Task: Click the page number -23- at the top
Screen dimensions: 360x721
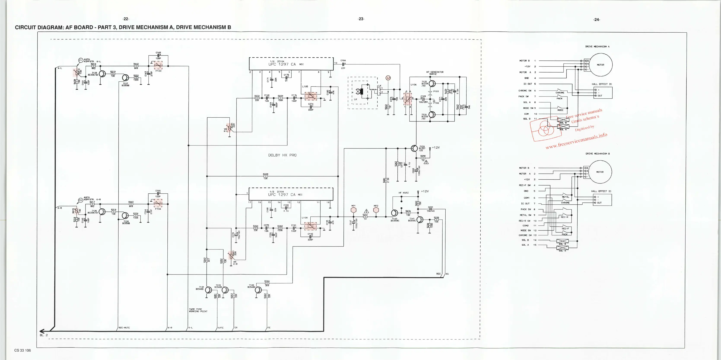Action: tap(361, 19)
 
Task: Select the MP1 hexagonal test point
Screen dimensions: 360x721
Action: tap(354, 210)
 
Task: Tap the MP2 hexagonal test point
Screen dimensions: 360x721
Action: tap(376, 210)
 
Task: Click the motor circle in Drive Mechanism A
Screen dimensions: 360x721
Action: tap(600, 65)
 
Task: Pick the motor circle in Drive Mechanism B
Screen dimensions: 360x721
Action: tap(600, 172)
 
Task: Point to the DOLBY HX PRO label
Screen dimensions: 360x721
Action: tap(282, 155)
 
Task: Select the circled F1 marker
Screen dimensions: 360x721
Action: tap(80, 60)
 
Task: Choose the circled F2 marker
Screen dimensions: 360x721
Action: tap(80, 200)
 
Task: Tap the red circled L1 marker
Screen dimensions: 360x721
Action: tap(388, 78)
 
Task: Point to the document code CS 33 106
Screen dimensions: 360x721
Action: tap(23, 350)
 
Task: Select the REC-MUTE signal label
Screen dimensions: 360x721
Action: tap(124, 328)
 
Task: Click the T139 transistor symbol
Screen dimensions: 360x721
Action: tap(414, 148)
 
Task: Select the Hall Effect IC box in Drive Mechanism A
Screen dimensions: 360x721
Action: tap(603, 93)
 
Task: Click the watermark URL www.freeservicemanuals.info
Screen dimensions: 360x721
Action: tap(576, 141)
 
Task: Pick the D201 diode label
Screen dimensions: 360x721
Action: tap(430, 207)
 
